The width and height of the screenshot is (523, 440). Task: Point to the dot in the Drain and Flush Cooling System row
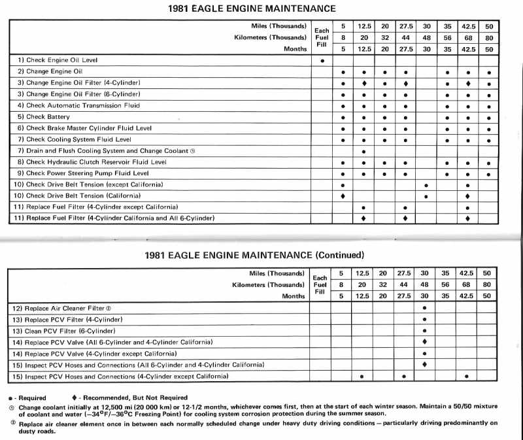363,152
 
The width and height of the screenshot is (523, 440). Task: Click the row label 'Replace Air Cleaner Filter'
63,307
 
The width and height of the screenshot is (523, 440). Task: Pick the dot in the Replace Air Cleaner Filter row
425,307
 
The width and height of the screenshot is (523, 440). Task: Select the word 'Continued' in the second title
339,255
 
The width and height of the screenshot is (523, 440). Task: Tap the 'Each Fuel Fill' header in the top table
322,37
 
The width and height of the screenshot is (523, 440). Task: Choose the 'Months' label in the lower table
292,296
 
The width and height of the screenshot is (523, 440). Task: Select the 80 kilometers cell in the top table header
489,37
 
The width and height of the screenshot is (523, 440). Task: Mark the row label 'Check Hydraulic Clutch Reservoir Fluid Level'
92,162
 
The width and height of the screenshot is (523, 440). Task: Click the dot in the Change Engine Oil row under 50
489,72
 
